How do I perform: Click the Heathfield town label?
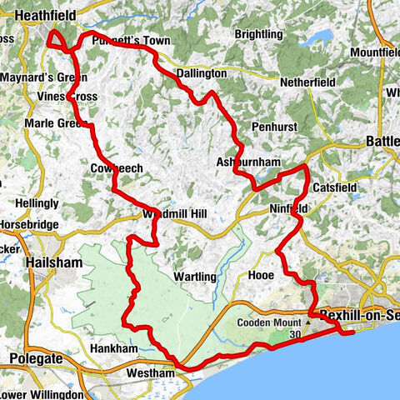click(39, 16)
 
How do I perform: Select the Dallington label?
click(201, 74)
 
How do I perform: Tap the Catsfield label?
click(333, 187)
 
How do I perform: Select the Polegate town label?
click(37, 357)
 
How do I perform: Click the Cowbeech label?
click(116, 168)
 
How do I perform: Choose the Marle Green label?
click(61, 123)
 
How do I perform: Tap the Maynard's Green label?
click(42, 78)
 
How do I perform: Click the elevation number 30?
click(294, 334)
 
